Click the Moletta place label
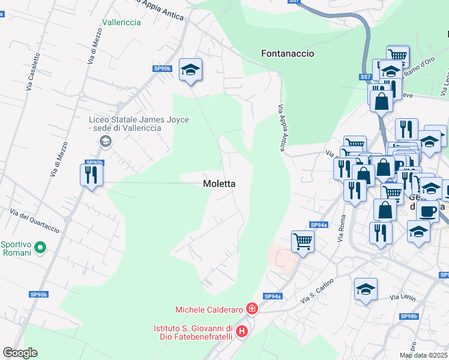click(x=219, y=184)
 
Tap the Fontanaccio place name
click(x=288, y=53)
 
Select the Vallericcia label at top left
click(x=121, y=22)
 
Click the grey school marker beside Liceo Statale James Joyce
click(x=106, y=142)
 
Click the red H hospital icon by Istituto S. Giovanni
click(x=241, y=331)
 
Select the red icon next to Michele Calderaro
click(x=252, y=310)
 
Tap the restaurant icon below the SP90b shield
click(x=91, y=175)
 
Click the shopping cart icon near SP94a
click(x=303, y=242)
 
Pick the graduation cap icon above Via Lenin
click(x=366, y=290)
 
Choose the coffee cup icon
click(x=427, y=211)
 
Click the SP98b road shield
click(x=409, y=316)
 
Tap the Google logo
click(x=20, y=353)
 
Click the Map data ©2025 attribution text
click(x=424, y=355)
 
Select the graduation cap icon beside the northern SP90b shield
click(x=191, y=70)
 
